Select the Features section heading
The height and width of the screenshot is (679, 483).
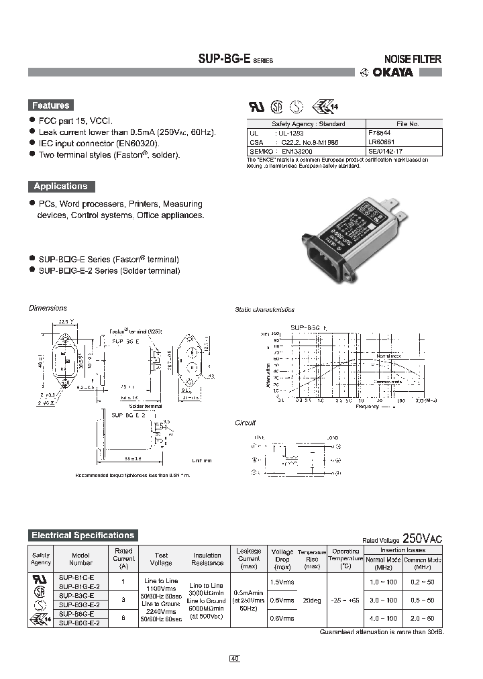[50, 105]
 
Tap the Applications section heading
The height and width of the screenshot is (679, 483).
[60, 187]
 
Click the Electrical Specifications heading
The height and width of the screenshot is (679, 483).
[83, 535]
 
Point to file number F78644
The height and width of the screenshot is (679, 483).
[381, 133]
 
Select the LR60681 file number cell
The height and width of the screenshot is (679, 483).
[382, 142]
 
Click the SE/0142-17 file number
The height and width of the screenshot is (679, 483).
[386, 152]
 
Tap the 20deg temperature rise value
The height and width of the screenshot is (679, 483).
[312, 600]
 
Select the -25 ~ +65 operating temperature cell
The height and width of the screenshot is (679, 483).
[345, 600]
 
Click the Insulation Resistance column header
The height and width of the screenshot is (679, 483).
[207, 559]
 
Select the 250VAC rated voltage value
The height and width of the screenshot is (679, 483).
[422, 538]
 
